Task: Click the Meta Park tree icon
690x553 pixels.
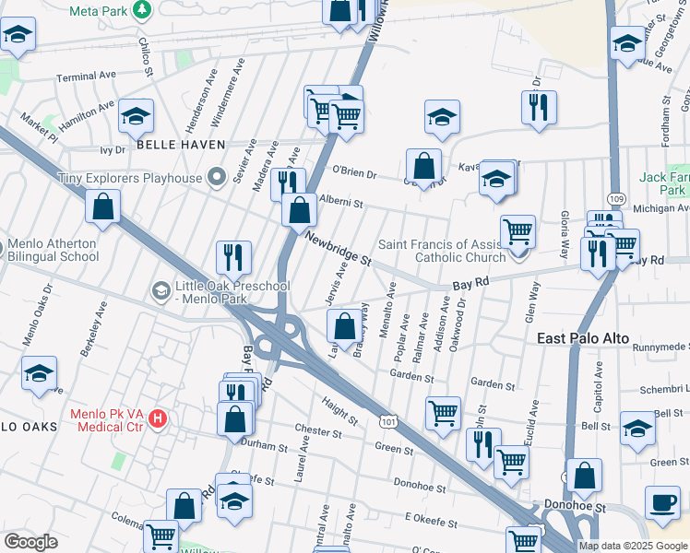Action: click(142, 10)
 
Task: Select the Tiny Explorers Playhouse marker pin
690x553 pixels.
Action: click(216, 176)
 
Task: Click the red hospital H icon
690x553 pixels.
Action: click(158, 419)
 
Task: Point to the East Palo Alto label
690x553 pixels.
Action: click(583, 339)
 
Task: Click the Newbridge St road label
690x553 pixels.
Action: click(338, 248)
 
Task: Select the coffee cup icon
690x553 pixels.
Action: click(661, 503)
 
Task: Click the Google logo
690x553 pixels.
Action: click(30, 541)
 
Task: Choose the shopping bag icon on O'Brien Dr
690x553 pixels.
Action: click(423, 167)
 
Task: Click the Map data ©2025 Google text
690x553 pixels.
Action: click(633, 546)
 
